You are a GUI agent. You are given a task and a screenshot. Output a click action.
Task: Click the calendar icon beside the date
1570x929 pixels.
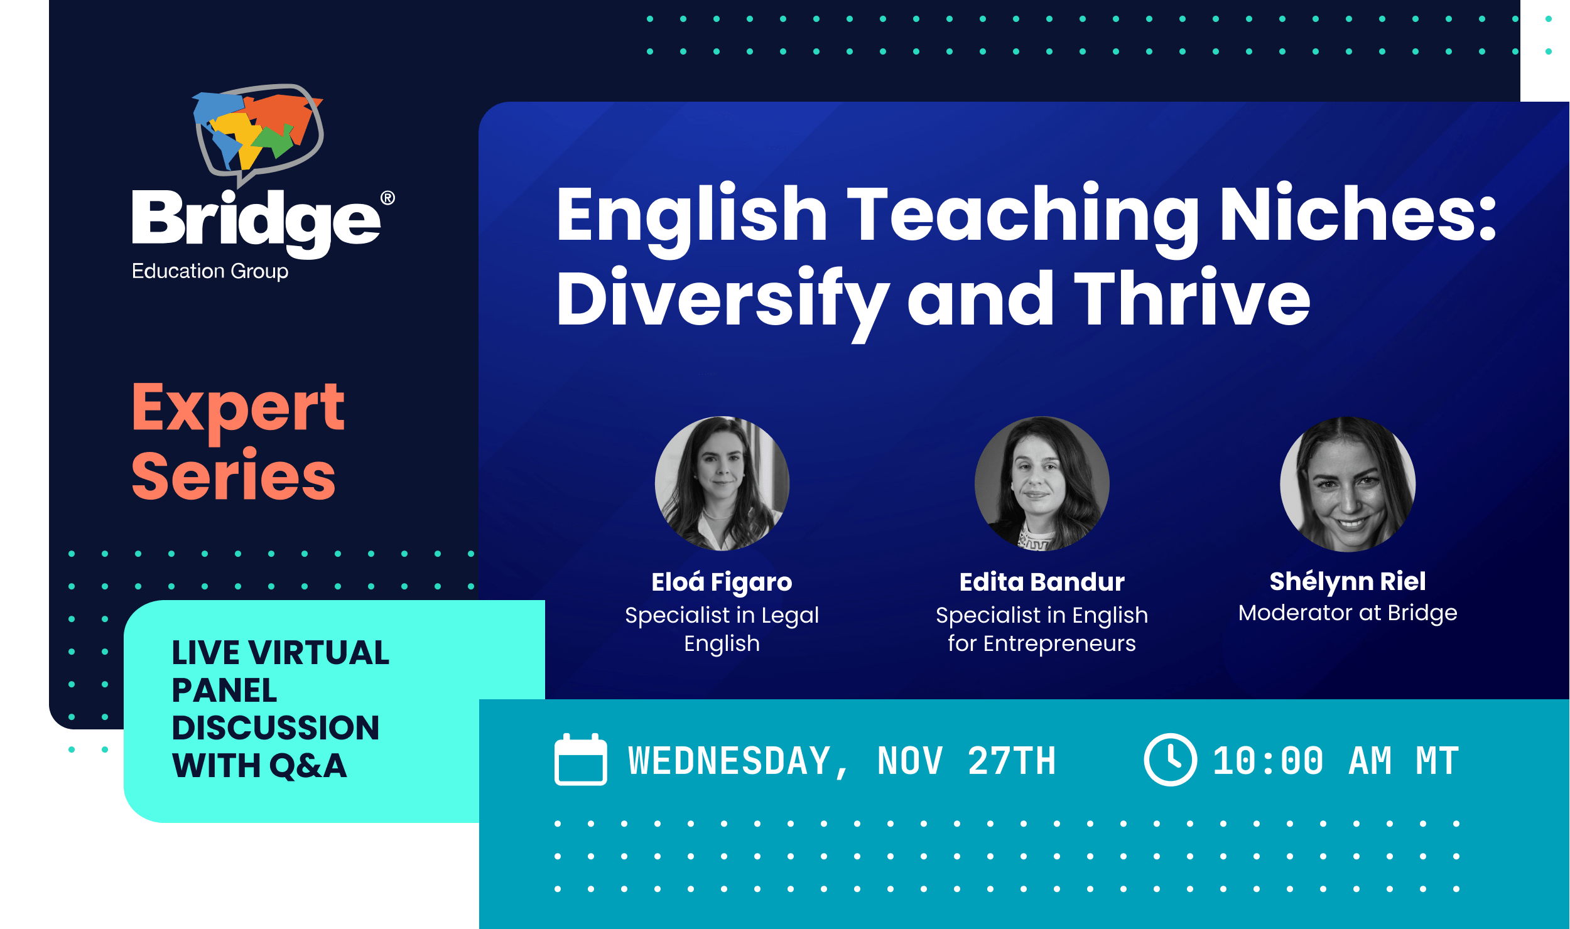pos(580,760)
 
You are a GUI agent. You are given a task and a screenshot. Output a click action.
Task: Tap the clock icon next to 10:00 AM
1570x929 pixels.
pos(1170,760)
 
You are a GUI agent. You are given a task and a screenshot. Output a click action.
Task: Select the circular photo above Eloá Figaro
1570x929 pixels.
pos(722,483)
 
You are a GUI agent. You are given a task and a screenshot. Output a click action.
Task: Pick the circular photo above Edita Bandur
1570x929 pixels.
pos(1042,483)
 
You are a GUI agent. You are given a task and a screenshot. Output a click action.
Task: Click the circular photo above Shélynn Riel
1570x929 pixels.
pos(1348,483)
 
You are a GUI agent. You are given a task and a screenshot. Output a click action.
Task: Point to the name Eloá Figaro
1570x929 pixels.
pos(722,583)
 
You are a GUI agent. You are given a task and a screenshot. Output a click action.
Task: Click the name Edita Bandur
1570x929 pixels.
pos(1042,583)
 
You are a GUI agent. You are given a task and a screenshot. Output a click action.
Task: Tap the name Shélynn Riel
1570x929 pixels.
pos(1348,582)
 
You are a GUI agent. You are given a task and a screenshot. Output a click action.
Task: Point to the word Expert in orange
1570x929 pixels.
pos(238,409)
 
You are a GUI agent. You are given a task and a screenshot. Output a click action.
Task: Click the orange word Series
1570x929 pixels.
pos(234,476)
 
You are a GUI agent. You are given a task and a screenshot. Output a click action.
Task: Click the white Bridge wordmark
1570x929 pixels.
pos(256,220)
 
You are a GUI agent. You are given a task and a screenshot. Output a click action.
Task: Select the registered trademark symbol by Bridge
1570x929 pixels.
pos(387,198)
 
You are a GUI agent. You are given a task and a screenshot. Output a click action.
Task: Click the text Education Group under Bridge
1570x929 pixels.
pos(210,271)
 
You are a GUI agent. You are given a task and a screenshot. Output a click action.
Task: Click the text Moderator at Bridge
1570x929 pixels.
pos(1348,613)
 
